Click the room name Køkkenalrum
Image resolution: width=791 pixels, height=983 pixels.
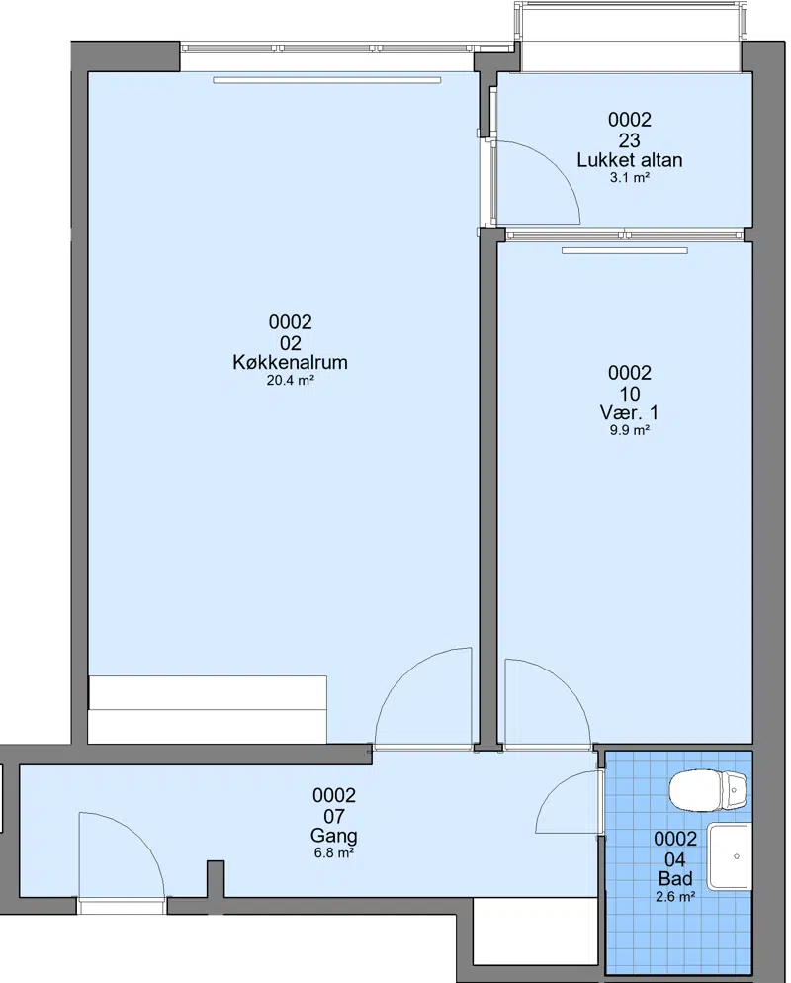(x=290, y=362)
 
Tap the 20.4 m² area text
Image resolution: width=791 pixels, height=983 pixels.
(x=291, y=380)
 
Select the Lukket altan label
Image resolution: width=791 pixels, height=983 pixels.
(x=629, y=160)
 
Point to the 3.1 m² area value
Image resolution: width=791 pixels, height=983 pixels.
(x=629, y=177)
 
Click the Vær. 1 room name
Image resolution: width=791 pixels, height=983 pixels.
(x=629, y=413)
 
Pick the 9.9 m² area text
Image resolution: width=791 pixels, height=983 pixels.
(x=629, y=431)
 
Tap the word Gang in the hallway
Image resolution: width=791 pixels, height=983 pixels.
(x=334, y=836)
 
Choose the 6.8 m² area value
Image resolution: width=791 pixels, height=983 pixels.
(x=334, y=853)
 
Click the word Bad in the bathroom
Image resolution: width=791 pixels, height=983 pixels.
(x=675, y=879)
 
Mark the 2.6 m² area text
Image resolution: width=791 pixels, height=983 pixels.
(x=675, y=897)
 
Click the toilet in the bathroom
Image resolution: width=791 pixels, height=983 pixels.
(x=708, y=790)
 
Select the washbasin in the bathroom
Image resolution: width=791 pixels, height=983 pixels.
(x=728, y=856)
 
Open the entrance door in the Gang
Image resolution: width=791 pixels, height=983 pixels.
(x=141, y=840)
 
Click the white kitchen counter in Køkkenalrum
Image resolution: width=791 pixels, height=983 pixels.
(x=208, y=710)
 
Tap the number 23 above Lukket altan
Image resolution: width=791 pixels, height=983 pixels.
(x=629, y=139)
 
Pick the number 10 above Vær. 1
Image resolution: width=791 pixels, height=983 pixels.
(x=629, y=394)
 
